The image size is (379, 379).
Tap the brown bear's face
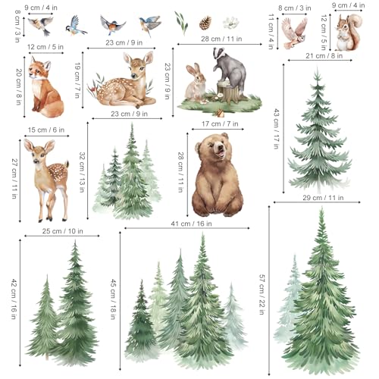pos(211,151)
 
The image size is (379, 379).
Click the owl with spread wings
pos(293,32)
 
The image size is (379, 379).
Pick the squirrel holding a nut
pos(349,34)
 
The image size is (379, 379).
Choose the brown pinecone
pos(205,23)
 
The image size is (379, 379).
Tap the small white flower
pos(230,23)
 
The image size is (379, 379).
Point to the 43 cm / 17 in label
pos(277,122)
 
